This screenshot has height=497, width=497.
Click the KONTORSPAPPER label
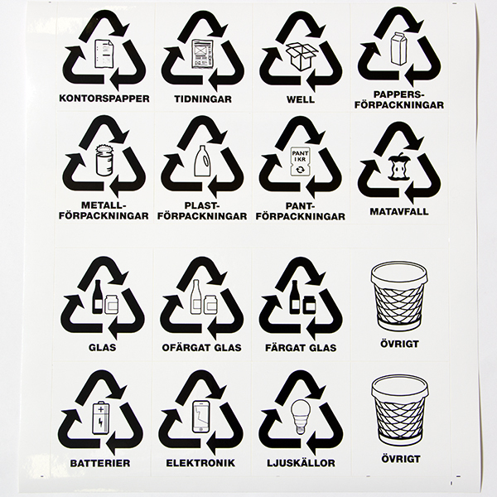point(104,99)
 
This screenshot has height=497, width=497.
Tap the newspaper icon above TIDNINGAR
point(203,54)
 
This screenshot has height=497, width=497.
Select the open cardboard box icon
point(302,56)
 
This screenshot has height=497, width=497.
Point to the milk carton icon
point(399,49)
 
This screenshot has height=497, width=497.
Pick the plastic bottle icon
point(202,161)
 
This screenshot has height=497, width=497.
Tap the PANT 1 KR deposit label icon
point(300,162)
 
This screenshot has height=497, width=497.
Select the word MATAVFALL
point(399,211)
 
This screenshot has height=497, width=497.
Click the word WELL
point(301,99)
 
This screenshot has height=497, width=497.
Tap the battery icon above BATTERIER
point(100,417)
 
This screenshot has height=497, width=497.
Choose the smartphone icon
point(201,417)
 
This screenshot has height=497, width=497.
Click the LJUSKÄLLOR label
point(301,463)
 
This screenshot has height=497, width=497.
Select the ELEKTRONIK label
point(200,463)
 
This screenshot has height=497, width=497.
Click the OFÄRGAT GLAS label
point(201,348)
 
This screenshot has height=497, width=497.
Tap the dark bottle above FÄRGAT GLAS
point(295,297)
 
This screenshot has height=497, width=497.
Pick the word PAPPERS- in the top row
point(398,94)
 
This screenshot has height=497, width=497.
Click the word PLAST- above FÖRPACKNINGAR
point(202,206)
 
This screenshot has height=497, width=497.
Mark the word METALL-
point(104,205)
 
